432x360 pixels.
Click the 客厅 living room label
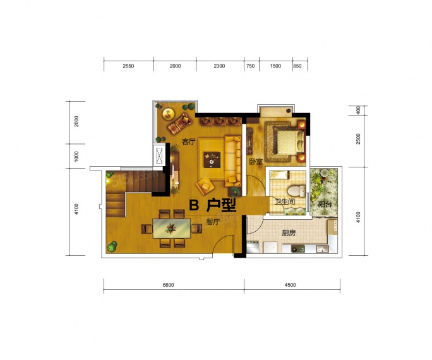(188, 142)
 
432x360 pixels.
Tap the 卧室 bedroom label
(256, 162)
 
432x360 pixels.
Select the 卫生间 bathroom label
(285, 202)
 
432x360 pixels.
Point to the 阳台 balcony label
(324, 205)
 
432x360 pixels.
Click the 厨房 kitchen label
(289, 233)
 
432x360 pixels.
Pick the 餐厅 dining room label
(213, 222)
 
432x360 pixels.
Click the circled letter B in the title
(194, 205)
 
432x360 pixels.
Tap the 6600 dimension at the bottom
(168, 285)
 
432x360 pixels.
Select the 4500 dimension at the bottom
(290, 285)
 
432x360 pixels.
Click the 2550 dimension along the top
(128, 66)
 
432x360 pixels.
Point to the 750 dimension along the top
(251, 66)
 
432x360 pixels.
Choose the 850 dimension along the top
(297, 66)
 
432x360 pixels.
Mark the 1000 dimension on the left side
(76, 156)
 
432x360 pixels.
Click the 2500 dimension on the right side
(358, 138)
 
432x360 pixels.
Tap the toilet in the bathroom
(296, 190)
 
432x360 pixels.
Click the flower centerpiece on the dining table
(171, 228)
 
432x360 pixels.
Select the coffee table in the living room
(212, 160)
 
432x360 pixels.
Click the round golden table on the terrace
(168, 114)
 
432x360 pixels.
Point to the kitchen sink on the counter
(298, 249)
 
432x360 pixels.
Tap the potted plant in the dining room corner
(112, 246)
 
